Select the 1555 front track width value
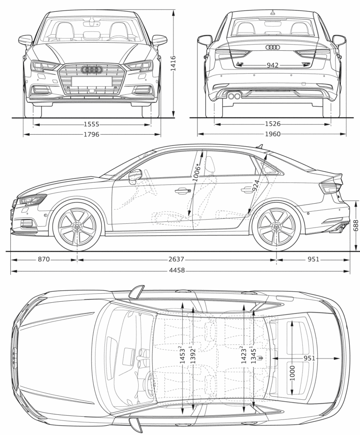(91, 124)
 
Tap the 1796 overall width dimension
(91, 135)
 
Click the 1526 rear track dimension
(272, 124)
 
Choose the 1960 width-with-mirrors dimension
(272, 134)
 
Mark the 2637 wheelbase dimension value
(176, 259)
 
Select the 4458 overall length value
(176, 270)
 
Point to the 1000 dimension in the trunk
(292, 373)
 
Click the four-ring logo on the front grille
(91, 69)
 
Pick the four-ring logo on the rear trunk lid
(272, 47)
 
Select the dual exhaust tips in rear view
(234, 96)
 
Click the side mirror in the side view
(135, 176)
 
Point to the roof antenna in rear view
(272, 11)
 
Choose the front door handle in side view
(181, 191)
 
